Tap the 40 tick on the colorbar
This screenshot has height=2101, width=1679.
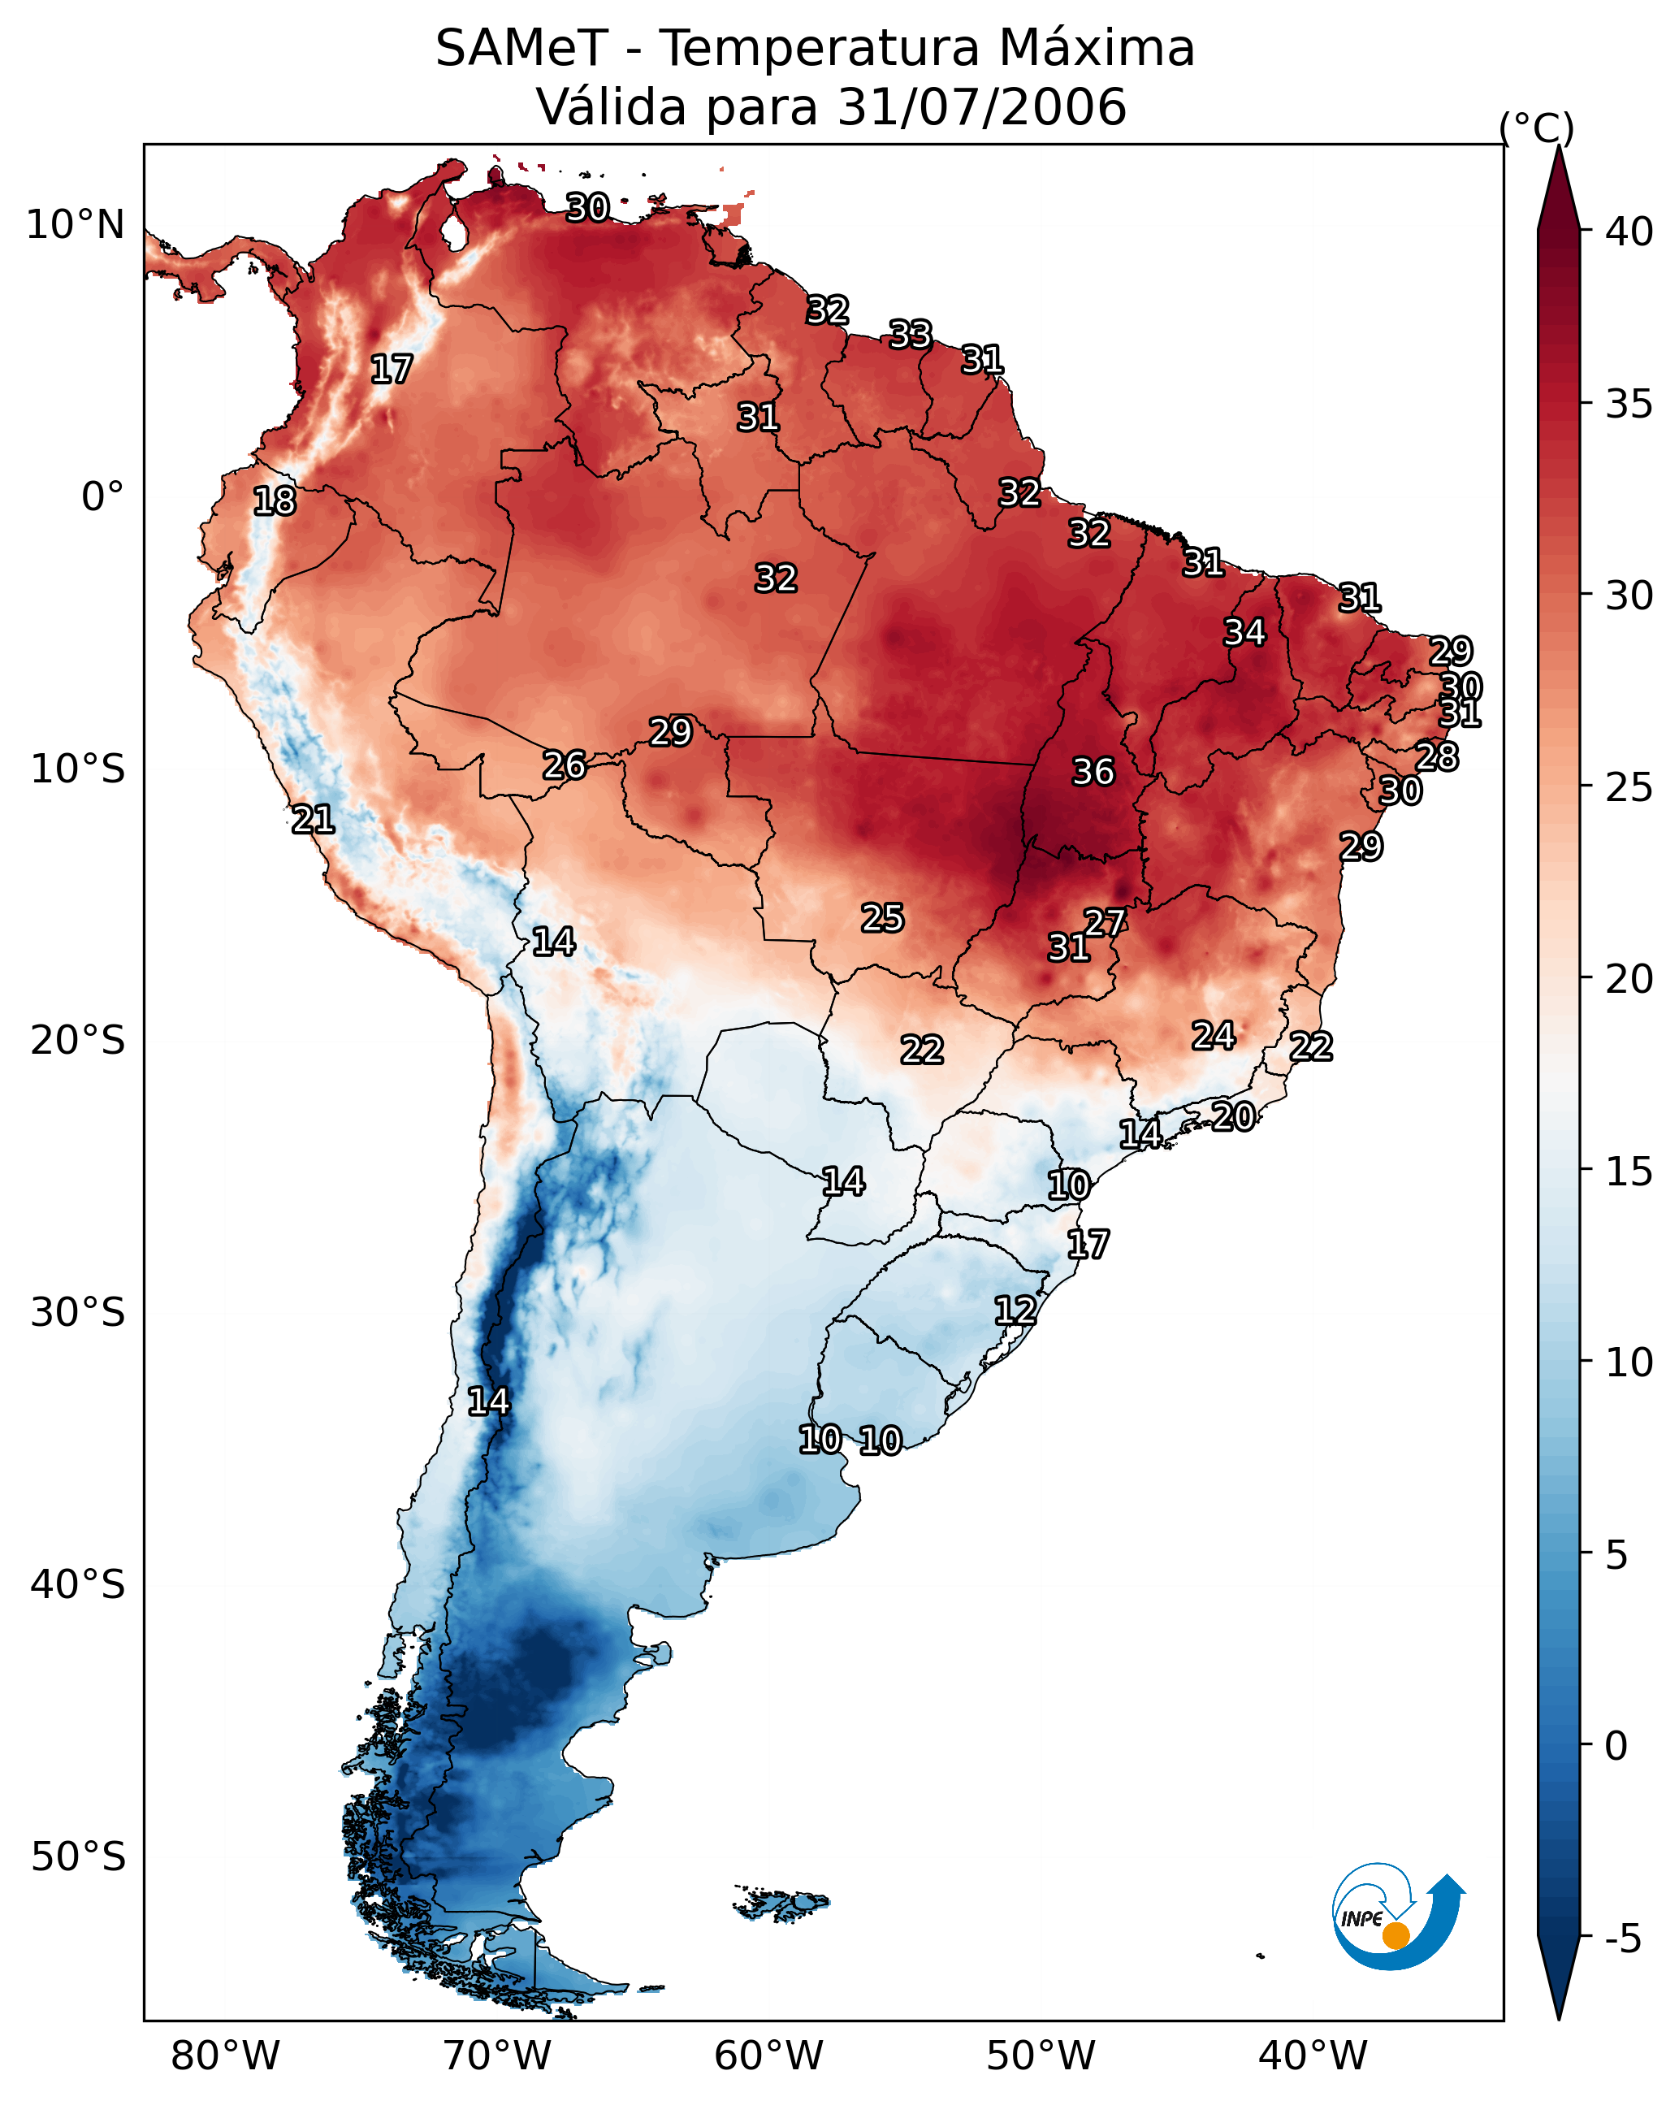[1629, 232]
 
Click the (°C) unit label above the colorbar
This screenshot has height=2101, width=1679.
[1536, 128]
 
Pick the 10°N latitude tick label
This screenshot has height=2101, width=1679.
[75, 225]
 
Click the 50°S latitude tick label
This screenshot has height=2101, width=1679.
[78, 1857]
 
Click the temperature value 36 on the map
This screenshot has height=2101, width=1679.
[1093, 772]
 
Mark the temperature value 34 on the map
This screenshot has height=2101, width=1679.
[1244, 632]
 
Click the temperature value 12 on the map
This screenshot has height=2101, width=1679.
[1015, 1310]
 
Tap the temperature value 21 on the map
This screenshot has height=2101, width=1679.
[313, 820]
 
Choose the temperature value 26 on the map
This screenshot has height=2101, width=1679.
[565, 766]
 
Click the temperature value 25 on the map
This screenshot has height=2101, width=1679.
[882, 918]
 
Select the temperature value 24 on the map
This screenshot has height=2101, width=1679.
[1214, 1036]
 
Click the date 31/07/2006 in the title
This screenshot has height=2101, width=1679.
[981, 107]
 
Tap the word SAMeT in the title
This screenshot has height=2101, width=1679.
[521, 49]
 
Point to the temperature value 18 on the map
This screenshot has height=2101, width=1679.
[274, 501]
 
